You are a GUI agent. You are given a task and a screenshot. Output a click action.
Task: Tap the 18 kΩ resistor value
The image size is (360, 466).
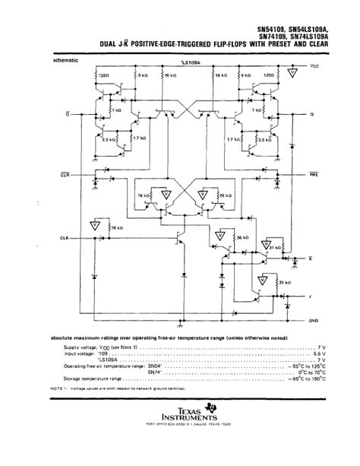(116, 227)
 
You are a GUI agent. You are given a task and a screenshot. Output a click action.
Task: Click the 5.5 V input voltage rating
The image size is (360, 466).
(318, 353)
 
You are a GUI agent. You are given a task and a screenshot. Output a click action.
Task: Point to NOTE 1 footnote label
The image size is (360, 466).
(60, 388)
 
